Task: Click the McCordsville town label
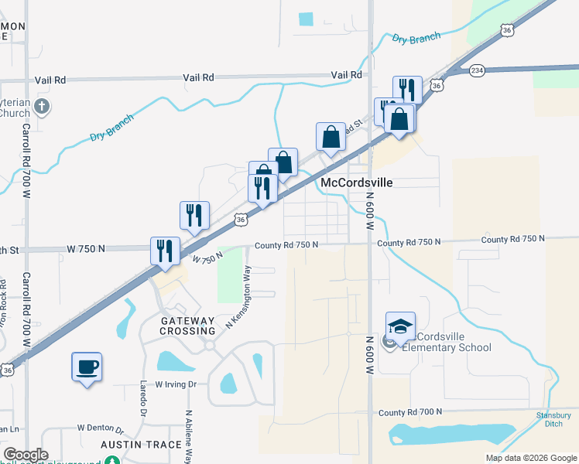pyautogui.click(x=357, y=183)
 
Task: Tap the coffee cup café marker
pyautogui.click(x=87, y=367)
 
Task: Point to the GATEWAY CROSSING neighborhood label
pyautogui.click(x=176, y=326)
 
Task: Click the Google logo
pyautogui.click(x=25, y=455)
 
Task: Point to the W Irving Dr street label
pyautogui.click(x=178, y=384)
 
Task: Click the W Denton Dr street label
pyautogui.click(x=101, y=428)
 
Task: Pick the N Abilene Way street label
pyautogui.click(x=188, y=433)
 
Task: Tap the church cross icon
pyautogui.click(x=42, y=107)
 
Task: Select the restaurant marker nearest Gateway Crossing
pyautogui.click(x=165, y=251)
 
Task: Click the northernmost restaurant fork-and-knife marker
pyautogui.click(x=406, y=90)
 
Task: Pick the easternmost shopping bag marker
pyautogui.click(x=399, y=119)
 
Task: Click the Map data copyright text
pyautogui.click(x=531, y=458)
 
